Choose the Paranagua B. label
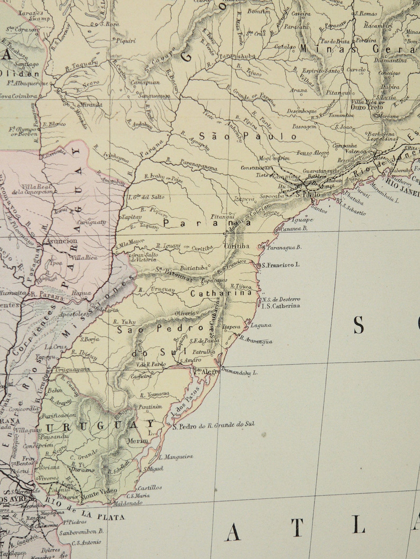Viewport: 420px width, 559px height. pos(284,248)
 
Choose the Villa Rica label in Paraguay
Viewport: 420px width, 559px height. pos(85,258)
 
